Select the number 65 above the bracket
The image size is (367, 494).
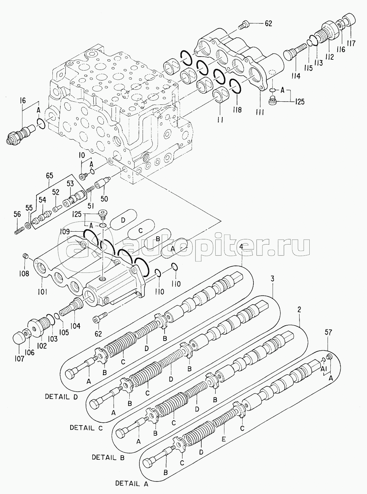click(50, 175)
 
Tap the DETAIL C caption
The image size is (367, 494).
click(86, 428)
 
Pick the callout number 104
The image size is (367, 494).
click(75, 326)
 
